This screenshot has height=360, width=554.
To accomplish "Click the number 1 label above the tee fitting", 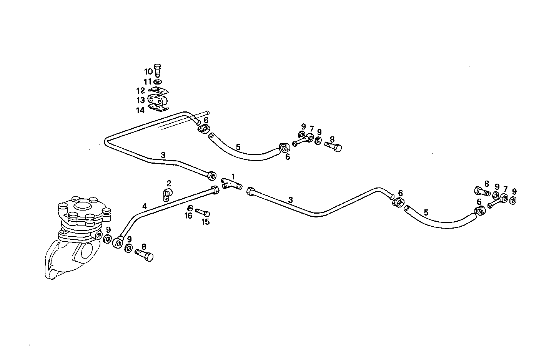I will coord(233,176).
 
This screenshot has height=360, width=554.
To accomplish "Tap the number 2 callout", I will coord(169,183).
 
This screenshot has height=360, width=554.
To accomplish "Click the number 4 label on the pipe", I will coord(144,206).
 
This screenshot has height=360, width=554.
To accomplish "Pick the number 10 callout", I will coord(148,71).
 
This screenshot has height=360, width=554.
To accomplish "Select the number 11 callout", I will coord(148,81).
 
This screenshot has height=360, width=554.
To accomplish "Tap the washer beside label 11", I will coord(158,81).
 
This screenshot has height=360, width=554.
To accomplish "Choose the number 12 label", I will coord(141,91).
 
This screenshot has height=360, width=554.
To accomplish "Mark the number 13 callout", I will coord(141,100).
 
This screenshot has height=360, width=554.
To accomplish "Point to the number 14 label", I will coord(140,110).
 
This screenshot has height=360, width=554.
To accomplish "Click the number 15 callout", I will coord(206,222).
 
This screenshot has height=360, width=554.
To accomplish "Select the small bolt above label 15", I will coord(202,212).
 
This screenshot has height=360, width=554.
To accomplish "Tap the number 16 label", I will coord(188,216).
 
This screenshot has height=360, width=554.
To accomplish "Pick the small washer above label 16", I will coord(190,208).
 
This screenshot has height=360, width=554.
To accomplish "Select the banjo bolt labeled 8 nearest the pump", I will coord(144,255).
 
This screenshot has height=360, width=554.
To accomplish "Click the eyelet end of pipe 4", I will coord(117,242).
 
